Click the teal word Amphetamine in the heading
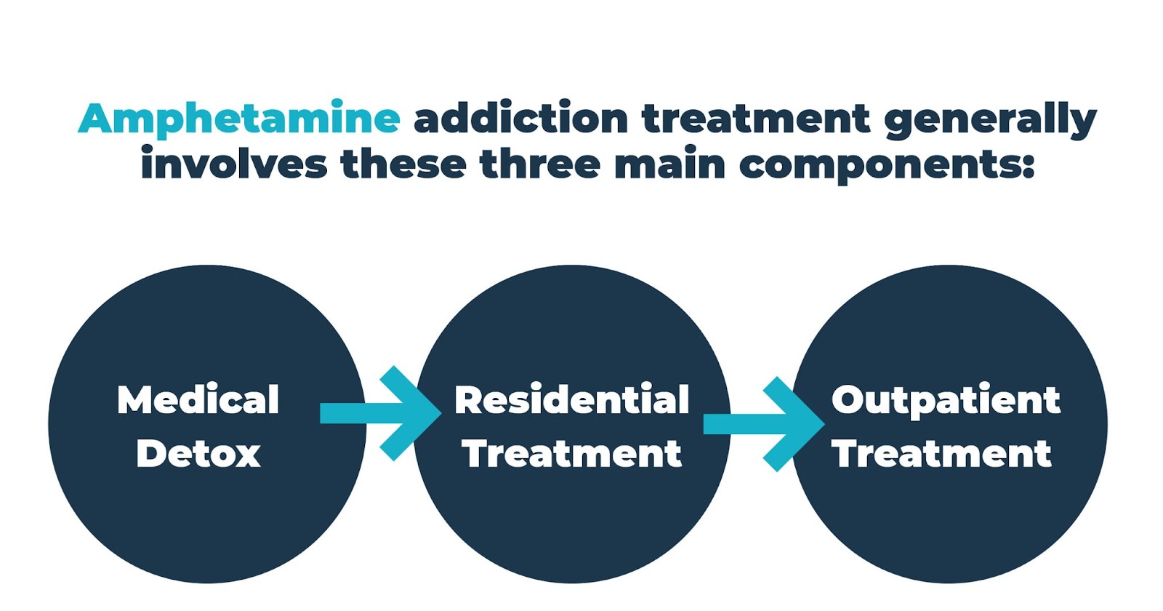pyautogui.click(x=238, y=119)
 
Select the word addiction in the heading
pyautogui.click(x=520, y=119)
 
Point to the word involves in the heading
pyautogui.click(x=233, y=164)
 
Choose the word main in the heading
pyautogui.click(x=669, y=164)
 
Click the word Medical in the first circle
pyautogui.click(x=198, y=399)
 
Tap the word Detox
pyautogui.click(x=198, y=454)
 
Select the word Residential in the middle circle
pyautogui.click(x=572, y=399)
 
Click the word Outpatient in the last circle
pyautogui.click(x=946, y=401)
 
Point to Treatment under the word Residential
pyautogui.click(x=572, y=454)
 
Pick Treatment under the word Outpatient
pyautogui.click(x=942, y=454)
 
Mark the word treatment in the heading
pyautogui.click(x=755, y=119)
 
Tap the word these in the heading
pyautogui.click(x=403, y=164)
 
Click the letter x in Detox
pyautogui.click(x=246, y=455)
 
